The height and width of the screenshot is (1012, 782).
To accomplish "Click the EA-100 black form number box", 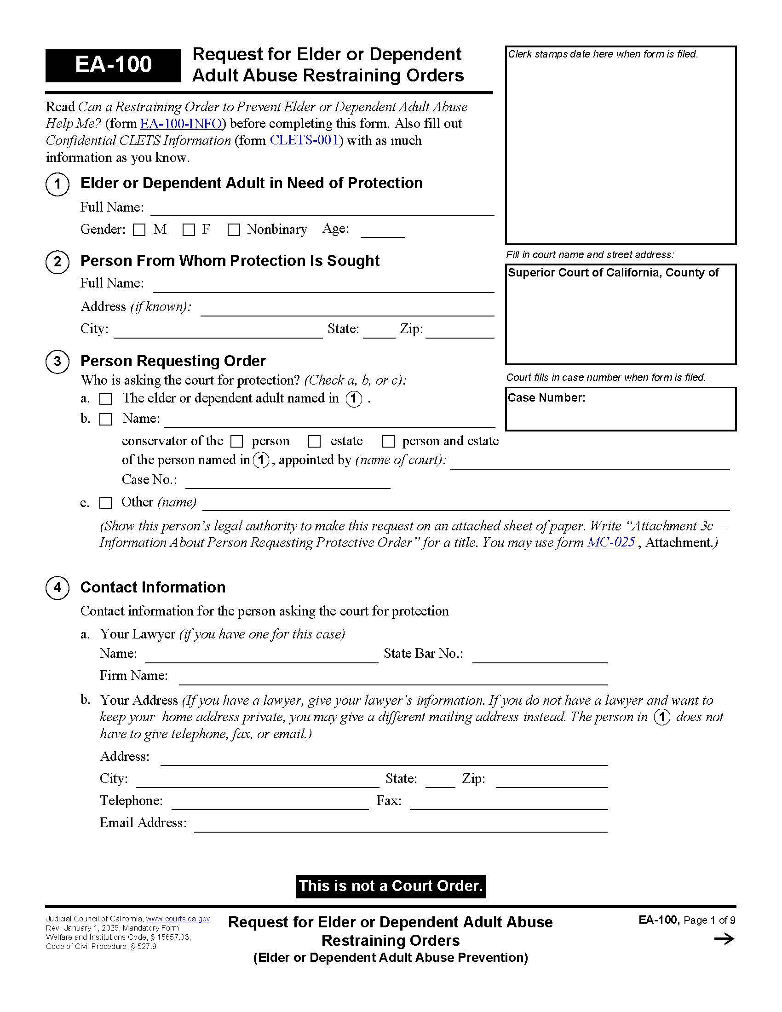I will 113,65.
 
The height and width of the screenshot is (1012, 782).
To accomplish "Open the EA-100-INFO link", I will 181,124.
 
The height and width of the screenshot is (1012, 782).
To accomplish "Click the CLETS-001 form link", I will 304,140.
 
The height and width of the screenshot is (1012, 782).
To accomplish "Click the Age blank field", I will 383,232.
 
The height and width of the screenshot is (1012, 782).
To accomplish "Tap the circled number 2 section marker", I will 57,262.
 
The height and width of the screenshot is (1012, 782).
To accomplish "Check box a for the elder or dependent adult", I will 106,399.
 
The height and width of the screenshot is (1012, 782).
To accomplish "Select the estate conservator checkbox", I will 315,442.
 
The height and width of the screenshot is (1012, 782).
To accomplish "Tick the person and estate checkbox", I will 388,442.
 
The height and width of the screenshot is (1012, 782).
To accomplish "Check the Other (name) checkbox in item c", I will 106,503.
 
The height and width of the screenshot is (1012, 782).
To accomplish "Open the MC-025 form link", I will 611,542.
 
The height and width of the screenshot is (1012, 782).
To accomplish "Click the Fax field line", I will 509,803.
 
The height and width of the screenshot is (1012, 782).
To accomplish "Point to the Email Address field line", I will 401,826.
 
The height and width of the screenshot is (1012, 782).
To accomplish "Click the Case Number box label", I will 546,398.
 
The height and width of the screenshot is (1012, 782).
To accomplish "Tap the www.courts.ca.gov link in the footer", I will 178,919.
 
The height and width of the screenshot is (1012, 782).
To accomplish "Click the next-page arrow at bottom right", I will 724,939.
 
